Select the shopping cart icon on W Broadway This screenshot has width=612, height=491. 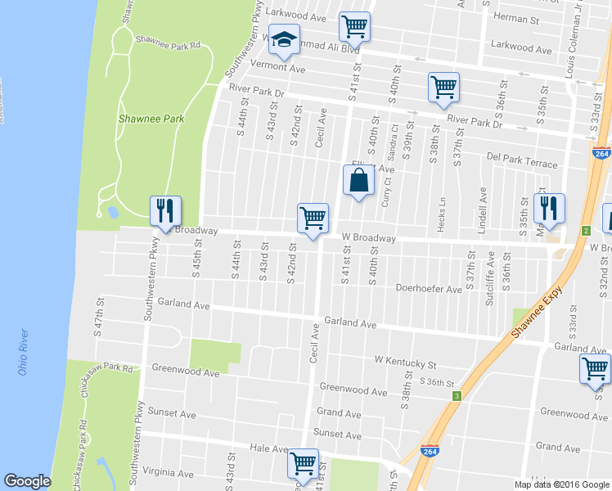point(313,218)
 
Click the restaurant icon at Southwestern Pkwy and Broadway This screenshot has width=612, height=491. point(165,212)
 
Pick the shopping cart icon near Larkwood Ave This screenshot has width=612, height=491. point(354,26)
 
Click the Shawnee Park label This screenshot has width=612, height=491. point(151,119)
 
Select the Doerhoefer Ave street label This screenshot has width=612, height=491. point(429,288)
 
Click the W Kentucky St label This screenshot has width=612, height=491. point(406,359)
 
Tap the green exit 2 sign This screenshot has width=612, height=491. point(586,232)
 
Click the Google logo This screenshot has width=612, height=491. point(27,481)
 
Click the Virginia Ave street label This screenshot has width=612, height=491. point(168,471)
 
